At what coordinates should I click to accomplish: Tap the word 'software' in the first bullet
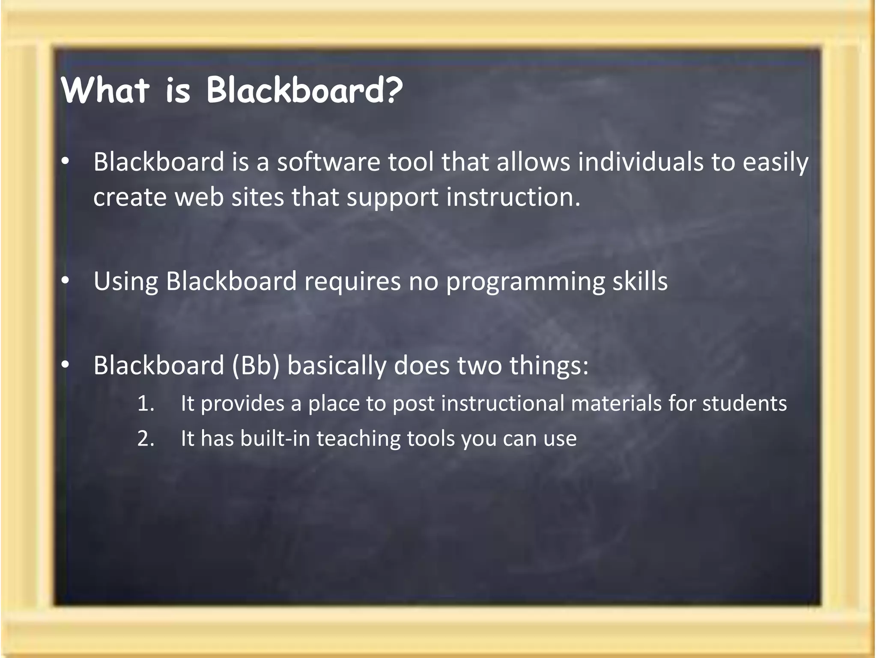[x=328, y=162]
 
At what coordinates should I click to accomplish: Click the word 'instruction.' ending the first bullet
[x=513, y=197]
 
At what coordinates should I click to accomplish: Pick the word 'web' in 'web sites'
[x=199, y=197]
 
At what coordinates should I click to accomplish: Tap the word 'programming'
[x=525, y=282]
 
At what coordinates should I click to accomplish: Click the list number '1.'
[x=146, y=404]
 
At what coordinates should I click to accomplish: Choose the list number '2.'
[x=146, y=439]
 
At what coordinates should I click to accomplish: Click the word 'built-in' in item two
[x=275, y=439]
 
